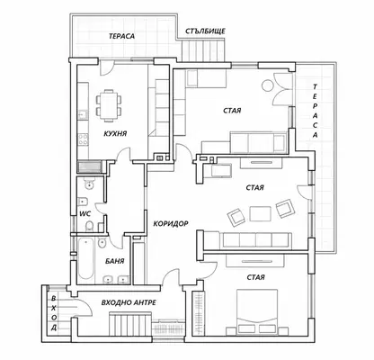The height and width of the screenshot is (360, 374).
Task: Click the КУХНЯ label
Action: [x=115, y=133]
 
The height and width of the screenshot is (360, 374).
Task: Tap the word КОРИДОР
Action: [x=171, y=223]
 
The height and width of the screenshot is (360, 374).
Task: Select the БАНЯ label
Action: [x=115, y=261]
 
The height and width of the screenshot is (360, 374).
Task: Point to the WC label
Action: [x=85, y=214]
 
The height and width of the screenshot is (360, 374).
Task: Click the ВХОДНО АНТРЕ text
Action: [x=129, y=302]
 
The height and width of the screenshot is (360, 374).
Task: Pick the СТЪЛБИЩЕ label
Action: [x=205, y=31]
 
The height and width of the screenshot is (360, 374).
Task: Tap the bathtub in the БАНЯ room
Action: [x=86, y=258]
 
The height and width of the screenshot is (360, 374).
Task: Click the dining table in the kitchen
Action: [x=109, y=105]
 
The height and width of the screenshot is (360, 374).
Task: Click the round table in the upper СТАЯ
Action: [x=268, y=85]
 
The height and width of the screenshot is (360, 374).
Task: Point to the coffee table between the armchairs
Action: [x=260, y=213]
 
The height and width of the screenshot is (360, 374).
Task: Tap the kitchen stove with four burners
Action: [x=83, y=139]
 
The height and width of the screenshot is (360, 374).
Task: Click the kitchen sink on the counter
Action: [x=83, y=115]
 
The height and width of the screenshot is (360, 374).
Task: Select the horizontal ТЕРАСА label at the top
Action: [x=121, y=36]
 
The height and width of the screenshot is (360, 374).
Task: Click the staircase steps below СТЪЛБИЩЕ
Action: [x=203, y=51]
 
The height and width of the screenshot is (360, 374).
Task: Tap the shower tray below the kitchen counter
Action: [x=90, y=166]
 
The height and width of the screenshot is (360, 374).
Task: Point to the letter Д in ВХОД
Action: [x=53, y=327]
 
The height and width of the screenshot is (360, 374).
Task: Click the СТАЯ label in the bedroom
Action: [x=255, y=277]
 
